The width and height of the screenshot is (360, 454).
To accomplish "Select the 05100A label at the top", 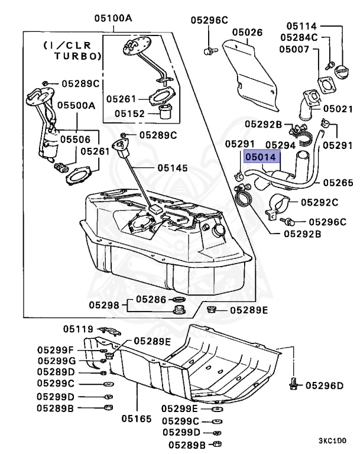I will pyautogui.click(x=113, y=18).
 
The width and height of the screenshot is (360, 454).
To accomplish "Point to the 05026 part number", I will pyautogui.click(x=247, y=33).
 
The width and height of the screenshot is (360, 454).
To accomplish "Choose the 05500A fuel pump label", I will pyautogui.click(x=76, y=106).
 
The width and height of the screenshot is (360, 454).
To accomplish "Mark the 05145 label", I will pyautogui.click(x=173, y=168).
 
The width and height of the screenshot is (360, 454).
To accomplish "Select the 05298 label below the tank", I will pyautogui.click(x=104, y=305).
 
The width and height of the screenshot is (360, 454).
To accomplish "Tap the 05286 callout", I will pyautogui.click(x=151, y=299).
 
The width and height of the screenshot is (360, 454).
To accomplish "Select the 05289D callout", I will pyautogui.click(x=56, y=372).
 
